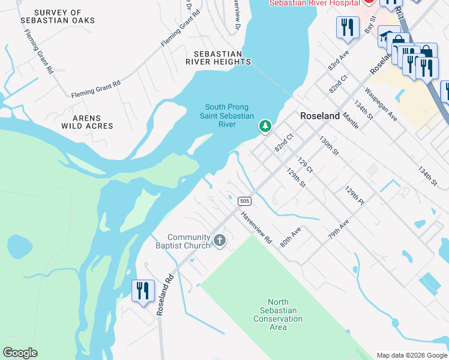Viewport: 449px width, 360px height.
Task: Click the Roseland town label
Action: (320, 116)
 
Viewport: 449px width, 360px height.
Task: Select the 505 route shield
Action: (244, 200)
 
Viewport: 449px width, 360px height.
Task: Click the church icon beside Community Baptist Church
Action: (220, 241)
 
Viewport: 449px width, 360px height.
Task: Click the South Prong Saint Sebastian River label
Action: (226, 116)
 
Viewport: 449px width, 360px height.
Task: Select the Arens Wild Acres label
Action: (87, 122)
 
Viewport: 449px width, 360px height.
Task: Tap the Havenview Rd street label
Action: (256, 227)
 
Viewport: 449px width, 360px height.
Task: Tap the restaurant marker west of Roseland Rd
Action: (143, 292)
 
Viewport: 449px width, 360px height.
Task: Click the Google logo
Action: (20, 353)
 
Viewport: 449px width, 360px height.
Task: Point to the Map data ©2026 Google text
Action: (412, 355)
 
